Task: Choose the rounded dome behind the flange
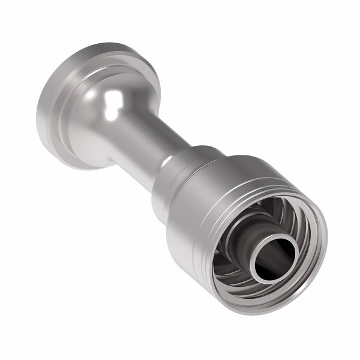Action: point(105,120)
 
